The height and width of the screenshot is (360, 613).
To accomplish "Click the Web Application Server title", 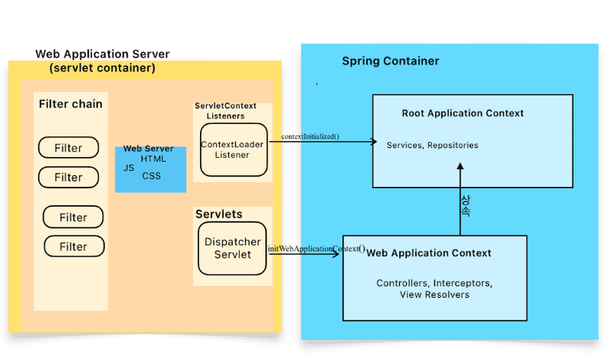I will click(103, 54).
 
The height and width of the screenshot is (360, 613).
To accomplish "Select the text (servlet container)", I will click(102, 68).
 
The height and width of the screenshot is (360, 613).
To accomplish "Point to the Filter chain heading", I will click(70, 103).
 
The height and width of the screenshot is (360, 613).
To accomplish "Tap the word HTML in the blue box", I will click(153, 158).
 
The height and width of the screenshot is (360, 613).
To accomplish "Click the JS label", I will click(129, 167).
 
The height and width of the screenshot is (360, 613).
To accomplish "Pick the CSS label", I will click(152, 176).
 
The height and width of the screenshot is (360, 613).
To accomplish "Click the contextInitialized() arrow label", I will click(310, 136).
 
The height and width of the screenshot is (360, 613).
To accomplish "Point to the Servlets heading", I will click(218, 214).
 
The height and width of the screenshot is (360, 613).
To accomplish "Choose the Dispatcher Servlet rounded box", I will click(232, 248).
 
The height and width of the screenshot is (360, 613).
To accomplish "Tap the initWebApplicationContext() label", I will click(316, 249).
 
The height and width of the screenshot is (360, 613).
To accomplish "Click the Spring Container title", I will click(391, 61).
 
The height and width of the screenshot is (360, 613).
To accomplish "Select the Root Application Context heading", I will click(463, 113).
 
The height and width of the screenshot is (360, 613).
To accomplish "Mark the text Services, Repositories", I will click(432, 145).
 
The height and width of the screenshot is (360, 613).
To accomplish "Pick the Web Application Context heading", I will click(429, 253).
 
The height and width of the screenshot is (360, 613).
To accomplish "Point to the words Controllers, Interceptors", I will click(434, 283).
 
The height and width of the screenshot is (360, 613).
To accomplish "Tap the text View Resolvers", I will click(434, 294).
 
